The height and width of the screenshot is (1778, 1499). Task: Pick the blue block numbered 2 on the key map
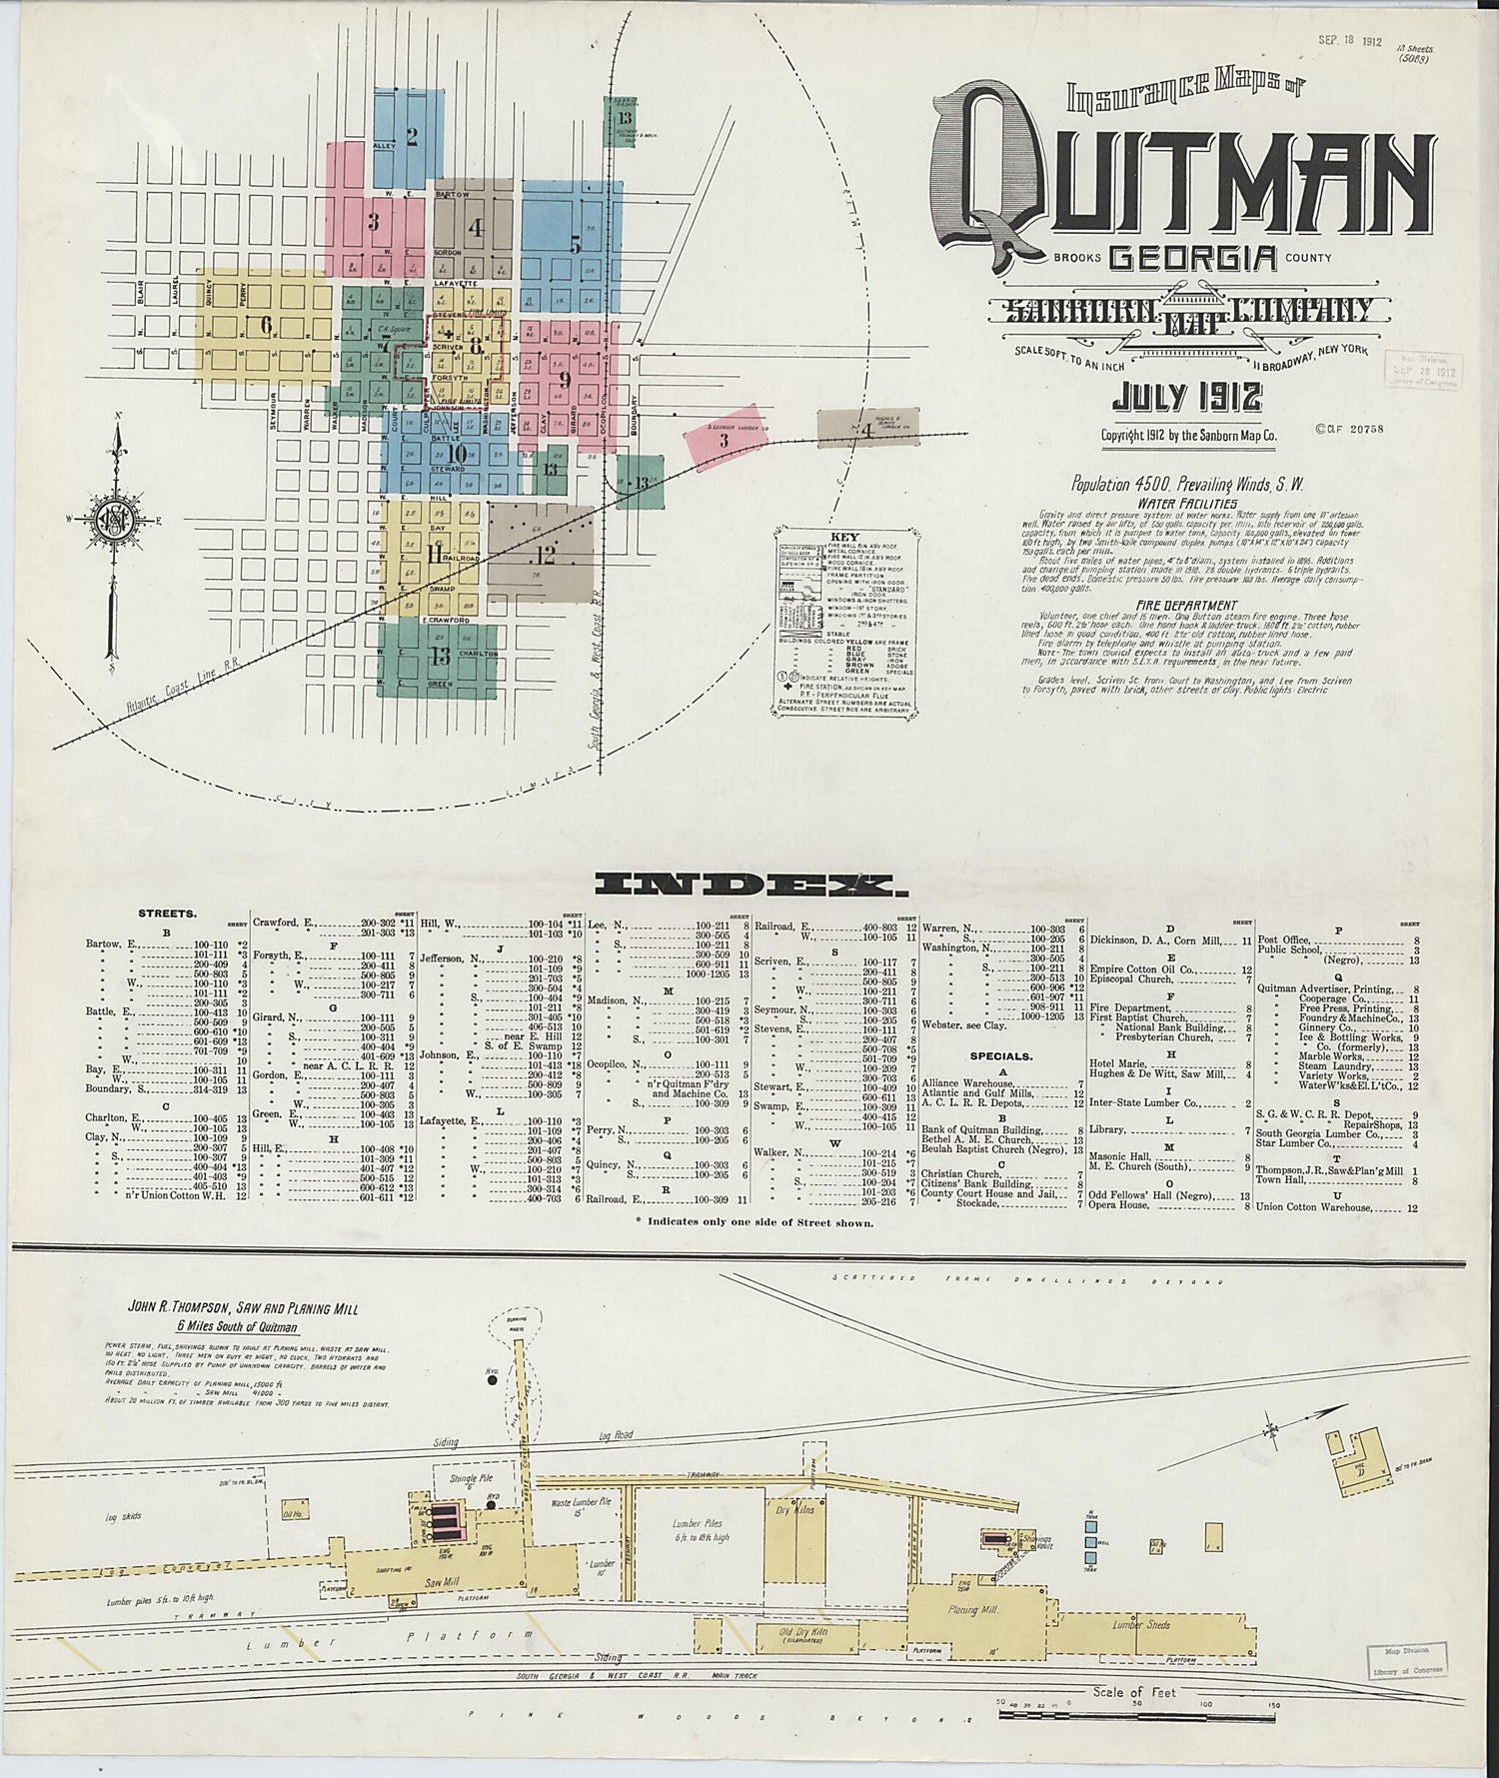coord(409,135)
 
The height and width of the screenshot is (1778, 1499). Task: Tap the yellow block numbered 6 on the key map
coord(265,325)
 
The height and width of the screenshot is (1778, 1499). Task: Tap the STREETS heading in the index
coord(167,913)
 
